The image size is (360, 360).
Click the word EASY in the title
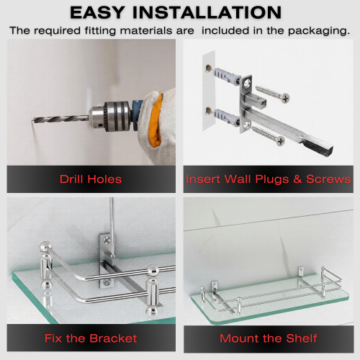point(97,12)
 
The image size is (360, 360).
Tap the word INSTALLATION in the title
point(207,12)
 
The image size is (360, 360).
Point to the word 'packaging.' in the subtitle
point(319,31)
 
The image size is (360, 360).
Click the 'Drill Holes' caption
point(91,179)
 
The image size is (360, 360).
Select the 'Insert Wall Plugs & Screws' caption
point(269,179)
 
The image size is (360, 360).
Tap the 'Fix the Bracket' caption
point(91,338)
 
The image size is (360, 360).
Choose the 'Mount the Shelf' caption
point(269,338)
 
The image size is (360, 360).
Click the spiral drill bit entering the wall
point(60,119)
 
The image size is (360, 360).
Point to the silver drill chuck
point(110,117)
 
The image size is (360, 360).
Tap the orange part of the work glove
point(155,120)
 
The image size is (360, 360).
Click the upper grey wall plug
point(225,76)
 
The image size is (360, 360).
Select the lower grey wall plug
point(225,117)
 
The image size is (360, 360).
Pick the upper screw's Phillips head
point(285,98)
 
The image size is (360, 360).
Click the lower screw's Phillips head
point(280,141)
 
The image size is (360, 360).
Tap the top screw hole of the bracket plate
point(248,84)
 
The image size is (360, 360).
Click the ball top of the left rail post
point(45,247)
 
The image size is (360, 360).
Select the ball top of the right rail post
point(153,271)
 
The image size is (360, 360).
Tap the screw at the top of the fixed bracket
point(107,239)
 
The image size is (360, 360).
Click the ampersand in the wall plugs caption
point(297,179)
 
